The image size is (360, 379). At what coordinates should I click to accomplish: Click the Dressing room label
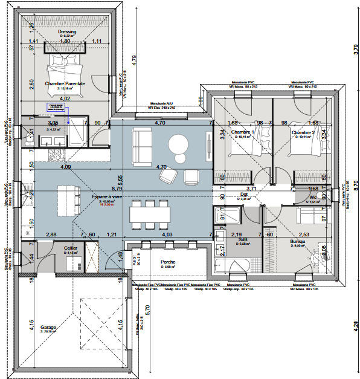(66, 31)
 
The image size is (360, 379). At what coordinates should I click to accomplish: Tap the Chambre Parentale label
(65, 83)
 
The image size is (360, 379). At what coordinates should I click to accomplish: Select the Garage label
(48, 327)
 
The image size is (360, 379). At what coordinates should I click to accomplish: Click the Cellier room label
(71, 247)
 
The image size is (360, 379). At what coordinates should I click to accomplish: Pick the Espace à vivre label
(107, 197)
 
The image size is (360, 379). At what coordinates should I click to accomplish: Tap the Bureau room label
(297, 242)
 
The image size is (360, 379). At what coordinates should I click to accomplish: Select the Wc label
(313, 197)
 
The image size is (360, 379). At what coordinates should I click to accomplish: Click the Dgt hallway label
(244, 195)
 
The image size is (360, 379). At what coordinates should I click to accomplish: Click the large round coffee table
(179, 144)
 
